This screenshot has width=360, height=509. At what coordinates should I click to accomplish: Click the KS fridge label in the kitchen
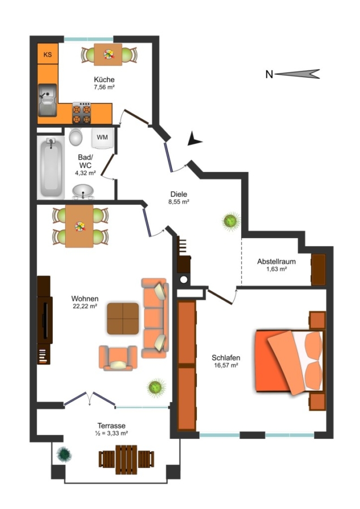point(48,54)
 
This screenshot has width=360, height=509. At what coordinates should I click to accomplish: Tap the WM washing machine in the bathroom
point(102,138)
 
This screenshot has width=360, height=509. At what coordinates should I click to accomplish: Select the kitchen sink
point(48,100)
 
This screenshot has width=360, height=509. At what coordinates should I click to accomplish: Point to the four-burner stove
point(82,113)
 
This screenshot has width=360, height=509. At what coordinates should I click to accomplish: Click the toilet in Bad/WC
point(76,136)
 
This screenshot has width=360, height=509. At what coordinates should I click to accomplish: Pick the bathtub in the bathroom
point(51,167)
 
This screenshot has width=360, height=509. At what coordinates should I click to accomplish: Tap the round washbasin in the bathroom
point(83,192)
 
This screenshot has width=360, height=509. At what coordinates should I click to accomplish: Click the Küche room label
point(104,80)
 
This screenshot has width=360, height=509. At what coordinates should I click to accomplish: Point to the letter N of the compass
point(269,74)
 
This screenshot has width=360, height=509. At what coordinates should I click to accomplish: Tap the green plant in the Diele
point(231,221)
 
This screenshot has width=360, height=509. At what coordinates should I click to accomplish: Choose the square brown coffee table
point(123,318)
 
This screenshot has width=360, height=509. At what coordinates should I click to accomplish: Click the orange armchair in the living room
point(118,358)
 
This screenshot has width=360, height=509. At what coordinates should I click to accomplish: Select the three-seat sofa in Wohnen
point(155,318)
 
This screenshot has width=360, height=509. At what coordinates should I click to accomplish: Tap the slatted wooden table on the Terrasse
point(126,459)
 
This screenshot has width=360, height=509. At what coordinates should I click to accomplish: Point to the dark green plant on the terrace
point(64,454)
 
